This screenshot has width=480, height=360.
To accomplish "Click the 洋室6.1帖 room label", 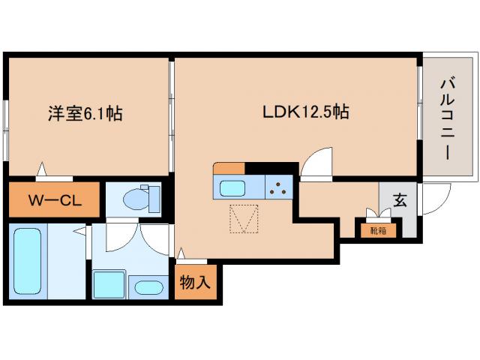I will [85, 114].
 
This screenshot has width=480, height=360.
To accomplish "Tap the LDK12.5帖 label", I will [304, 112].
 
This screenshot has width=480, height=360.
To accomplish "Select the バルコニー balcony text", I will [445, 118].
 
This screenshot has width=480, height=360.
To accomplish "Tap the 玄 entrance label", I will [400, 200].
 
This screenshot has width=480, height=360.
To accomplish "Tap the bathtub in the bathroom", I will [30, 262].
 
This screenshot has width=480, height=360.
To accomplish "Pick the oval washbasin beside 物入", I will [151, 287].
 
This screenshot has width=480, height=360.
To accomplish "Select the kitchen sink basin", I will [233, 186].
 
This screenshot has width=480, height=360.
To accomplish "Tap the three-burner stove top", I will [279, 186].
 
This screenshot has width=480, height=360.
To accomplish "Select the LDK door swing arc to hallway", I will [316, 163].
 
